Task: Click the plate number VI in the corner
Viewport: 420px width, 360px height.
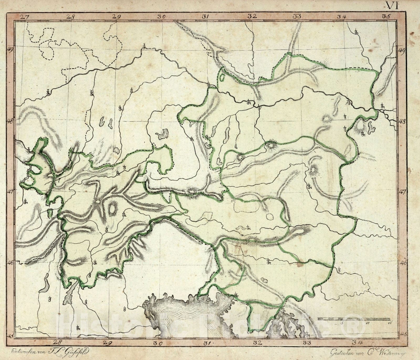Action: coord(392,5)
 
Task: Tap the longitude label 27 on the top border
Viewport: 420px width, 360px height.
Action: coord(24,16)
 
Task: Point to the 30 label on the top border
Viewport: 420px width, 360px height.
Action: coord(161,16)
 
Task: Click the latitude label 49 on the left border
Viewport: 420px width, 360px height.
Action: coord(10,50)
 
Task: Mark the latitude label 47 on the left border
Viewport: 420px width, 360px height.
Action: coord(10,192)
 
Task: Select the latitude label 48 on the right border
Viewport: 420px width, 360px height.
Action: coord(402,122)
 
